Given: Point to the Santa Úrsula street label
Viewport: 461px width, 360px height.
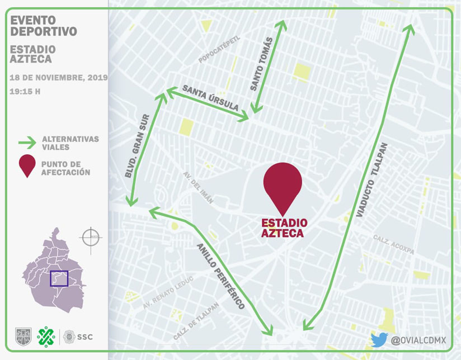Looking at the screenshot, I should (x=210, y=98).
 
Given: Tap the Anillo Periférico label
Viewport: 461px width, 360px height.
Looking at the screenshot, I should (x=220, y=276).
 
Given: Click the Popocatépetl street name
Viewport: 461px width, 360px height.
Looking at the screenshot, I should (x=219, y=50).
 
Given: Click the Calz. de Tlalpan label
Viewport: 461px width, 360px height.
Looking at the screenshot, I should (x=196, y=321).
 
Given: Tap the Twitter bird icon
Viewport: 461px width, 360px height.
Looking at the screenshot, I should (x=379, y=339).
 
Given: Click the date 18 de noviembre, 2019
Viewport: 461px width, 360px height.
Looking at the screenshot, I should (x=59, y=78).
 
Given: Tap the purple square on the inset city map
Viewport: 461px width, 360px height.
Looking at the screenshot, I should (x=59, y=278).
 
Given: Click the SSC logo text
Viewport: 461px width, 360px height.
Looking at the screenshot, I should (x=85, y=337).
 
